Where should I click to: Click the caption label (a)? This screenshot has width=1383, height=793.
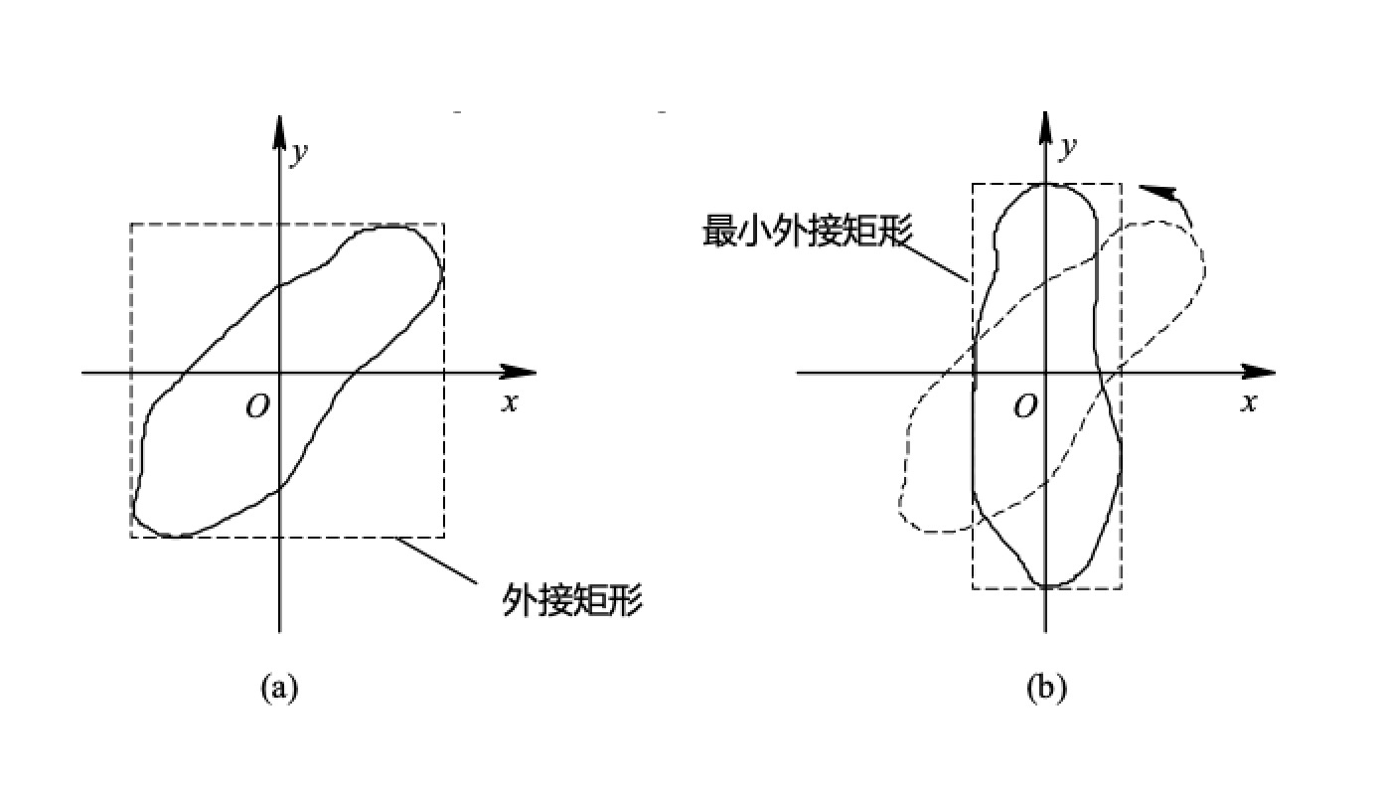[x=279, y=687]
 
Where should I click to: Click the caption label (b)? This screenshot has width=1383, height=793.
[x=1046, y=687]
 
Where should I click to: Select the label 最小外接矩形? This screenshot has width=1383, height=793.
[x=808, y=230]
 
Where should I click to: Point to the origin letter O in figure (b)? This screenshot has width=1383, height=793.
[x=1025, y=405]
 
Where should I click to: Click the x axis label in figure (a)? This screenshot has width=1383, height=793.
[x=511, y=402]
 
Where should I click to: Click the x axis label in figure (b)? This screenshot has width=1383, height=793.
[x=1249, y=402]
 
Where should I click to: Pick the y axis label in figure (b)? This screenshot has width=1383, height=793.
[x=1068, y=147]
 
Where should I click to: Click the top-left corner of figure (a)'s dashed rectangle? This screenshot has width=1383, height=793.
[x=131, y=225]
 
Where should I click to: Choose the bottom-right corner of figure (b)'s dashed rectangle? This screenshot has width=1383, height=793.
[x=1122, y=588]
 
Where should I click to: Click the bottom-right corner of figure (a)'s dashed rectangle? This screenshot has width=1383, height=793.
[x=444, y=537]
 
